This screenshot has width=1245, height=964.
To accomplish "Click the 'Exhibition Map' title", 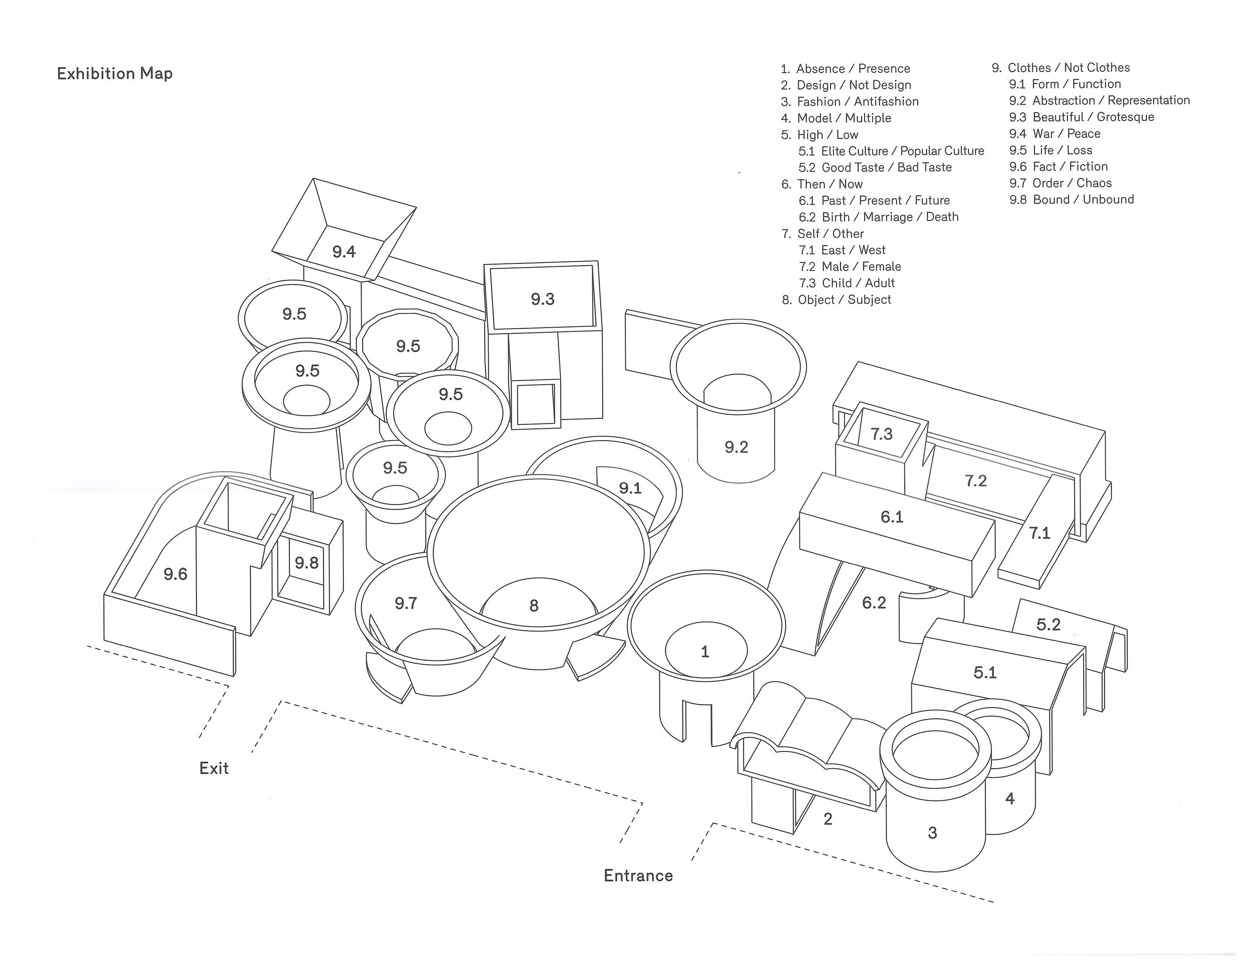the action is click(x=114, y=74).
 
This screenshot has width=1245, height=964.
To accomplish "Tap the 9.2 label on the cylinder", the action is click(x=736, y=447).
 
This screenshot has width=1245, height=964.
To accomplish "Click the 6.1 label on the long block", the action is click(x=892, y=517).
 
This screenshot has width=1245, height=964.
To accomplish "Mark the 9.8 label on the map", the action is click(x=307, y=563).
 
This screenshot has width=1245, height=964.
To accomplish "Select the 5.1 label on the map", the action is click(x=985, y=672).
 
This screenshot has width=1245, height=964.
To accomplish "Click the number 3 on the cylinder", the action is click(x=932, y=833).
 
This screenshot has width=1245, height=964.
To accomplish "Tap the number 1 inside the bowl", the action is click(x=705, y=651).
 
